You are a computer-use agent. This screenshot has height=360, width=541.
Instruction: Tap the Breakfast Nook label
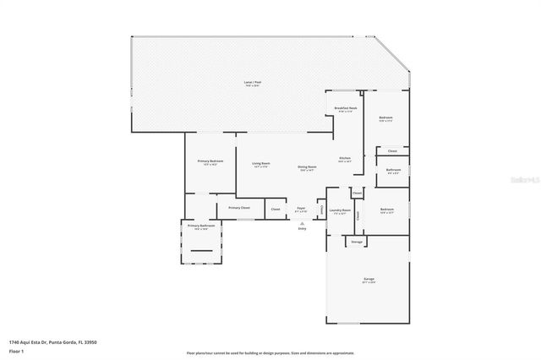click(x=344, y=109)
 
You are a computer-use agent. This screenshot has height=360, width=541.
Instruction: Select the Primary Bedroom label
click(x=210, y=162)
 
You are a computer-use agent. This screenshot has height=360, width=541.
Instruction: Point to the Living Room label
click(x=261, y=165)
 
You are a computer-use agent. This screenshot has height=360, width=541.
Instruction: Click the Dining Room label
click(x=307, y=168)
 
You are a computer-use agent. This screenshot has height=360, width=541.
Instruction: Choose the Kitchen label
click(x=345, y=159)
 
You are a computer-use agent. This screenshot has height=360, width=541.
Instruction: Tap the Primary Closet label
click(x=238, y=208)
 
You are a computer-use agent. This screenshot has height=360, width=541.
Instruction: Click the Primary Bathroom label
click(x=200, y=226)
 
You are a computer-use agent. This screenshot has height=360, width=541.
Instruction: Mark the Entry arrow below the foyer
click(x=301, y=223)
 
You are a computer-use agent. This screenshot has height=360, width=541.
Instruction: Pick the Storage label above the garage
click(x=357, y=242)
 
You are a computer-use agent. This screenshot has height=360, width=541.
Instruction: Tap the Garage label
click(x=369, y=280)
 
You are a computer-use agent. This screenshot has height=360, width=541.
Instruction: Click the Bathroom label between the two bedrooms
click(x=393, y=171)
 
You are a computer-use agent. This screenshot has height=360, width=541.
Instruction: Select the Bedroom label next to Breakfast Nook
click(x=385, y=118)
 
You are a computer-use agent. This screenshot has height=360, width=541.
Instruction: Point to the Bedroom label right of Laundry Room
click(x=387, y=210)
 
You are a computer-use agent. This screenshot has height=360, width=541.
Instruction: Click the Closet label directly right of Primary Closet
click(x=276, y=209)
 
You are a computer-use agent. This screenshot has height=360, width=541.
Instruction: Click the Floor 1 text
click(x=16, y=352)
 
